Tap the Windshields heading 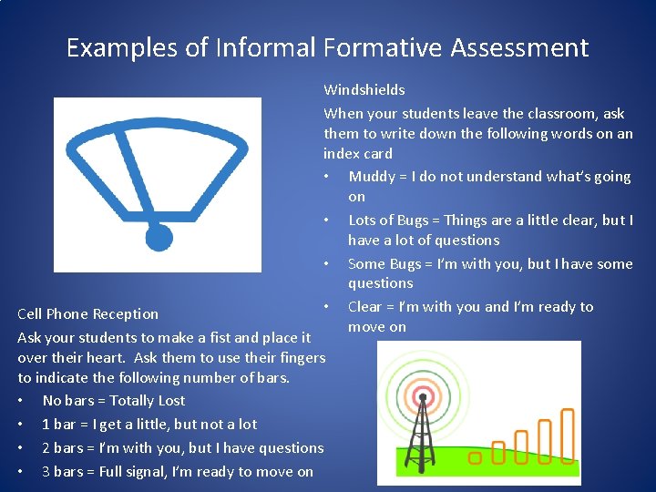tap(364, 90)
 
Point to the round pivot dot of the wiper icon tap(159, 238)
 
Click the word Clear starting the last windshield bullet tap(365, 307)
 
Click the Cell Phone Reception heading tap(88, 314)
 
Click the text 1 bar tap(59, 425)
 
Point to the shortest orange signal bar tap(498, 451)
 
